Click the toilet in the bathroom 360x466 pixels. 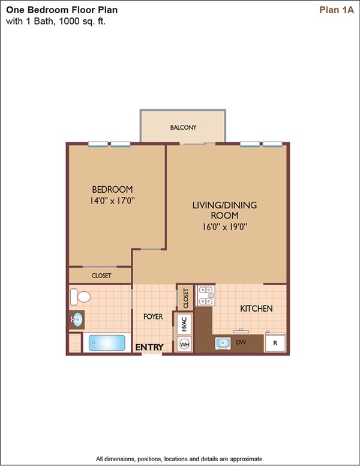(80, 297)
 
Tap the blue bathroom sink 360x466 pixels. (77, 319)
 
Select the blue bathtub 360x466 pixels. (107, 343)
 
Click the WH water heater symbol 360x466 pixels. (184, 345)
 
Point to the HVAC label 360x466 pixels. (184, 324)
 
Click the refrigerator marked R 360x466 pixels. (275, 343)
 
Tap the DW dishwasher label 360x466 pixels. (241, 342)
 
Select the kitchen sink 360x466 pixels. (223, 343)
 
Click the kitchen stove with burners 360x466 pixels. (206, 295)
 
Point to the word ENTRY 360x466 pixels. (149, 347)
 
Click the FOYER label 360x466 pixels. (153, 316)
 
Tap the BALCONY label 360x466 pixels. (183, 127)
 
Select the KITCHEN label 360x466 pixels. (256, 309)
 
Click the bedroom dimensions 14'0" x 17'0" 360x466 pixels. (113, 201)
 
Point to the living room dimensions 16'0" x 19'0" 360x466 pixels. (225, 227)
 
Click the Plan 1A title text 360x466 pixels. (337, 10)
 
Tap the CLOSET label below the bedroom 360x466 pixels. (101, 276)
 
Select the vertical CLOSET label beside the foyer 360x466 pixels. (186, 298)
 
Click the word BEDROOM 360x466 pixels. (112, 189)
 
